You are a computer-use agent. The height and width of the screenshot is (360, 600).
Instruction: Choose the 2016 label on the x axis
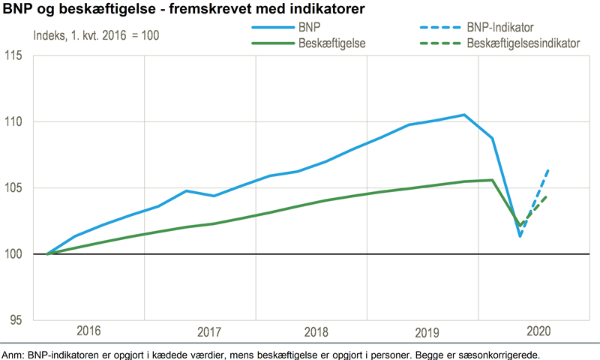(88, 331)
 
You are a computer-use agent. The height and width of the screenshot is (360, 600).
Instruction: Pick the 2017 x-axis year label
(199, 331)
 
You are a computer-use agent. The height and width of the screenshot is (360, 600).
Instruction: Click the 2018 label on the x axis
(310, 331)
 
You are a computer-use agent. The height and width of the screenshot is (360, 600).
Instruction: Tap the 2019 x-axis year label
(422, 331)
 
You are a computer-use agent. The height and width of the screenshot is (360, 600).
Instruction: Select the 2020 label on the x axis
(534, 331)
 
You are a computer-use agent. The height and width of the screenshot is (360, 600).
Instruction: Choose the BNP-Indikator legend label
(500, 28)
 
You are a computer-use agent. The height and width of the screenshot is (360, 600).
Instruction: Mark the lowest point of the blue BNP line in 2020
(520, 236)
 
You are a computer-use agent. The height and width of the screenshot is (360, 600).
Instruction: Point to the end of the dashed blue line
(548, 170)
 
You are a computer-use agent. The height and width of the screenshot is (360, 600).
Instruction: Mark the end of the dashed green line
(548, 196)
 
